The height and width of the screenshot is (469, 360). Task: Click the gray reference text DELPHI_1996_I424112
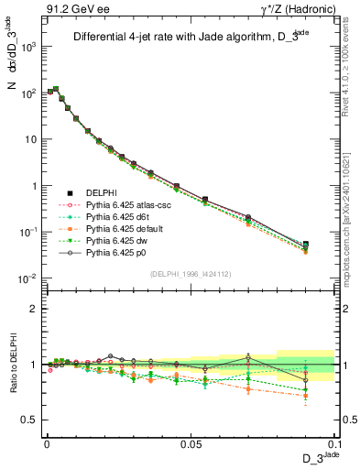tap(190, 273)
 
